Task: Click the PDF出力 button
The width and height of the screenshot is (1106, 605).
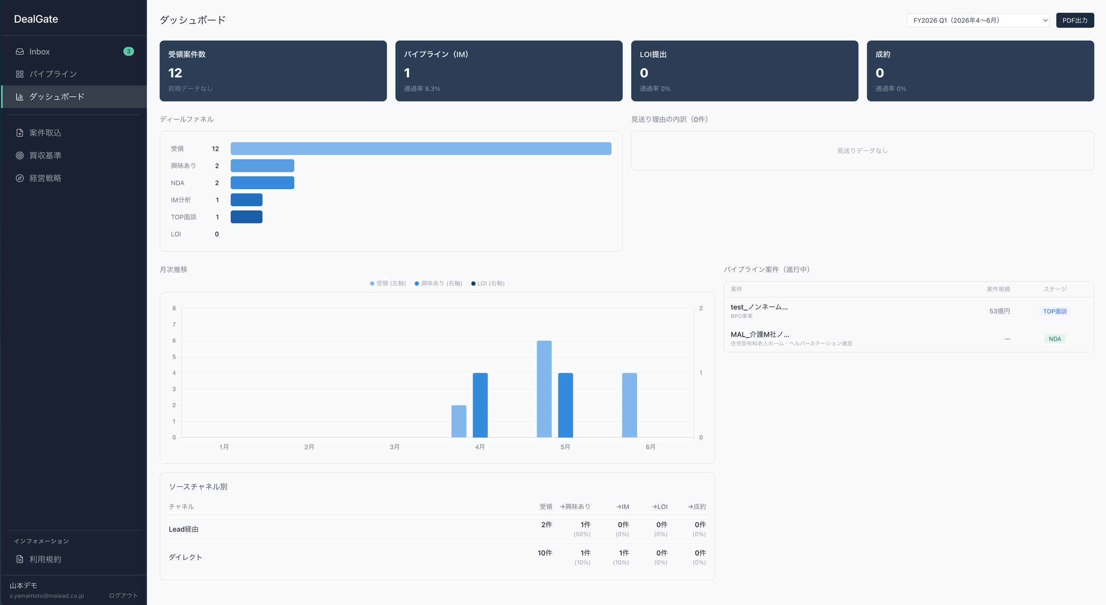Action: pyautogui.click(x=1075, y=20)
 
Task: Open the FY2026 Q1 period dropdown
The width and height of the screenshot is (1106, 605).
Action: pyautogui.click(x=978, y=20)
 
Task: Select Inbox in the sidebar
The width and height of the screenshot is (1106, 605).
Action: pyautogui.click(x=39, y=51)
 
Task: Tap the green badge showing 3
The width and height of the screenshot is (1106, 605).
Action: pyautogui.click(x=128, y=51)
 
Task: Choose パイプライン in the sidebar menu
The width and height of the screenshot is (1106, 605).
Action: pyautogui.click(x=53, y=74)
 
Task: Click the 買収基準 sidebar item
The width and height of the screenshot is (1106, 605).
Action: pyautogui.click(x=45, y=156)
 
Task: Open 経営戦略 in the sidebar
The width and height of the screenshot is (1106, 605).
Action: pyautogui.click(x=45, y=178)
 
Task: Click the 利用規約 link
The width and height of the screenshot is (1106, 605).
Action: pyautogui.click(x=45, y=559)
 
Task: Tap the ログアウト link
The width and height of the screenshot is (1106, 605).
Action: pyautogui.click(x=123, y=595)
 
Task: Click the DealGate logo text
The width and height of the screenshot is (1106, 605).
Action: pyautogui.click(x=36, y=19)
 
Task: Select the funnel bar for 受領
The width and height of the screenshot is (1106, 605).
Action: pyautogui.click(x=421, y=148)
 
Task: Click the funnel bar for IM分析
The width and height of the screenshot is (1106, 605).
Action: pyautogui.click(x=246, y=200)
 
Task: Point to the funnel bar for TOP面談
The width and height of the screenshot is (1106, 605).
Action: pyautogui.click(x=246, y=217)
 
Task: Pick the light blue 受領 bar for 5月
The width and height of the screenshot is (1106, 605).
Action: pyautogui.click(x=544, y=389)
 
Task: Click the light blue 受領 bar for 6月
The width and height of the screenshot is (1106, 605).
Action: pyautogui.click(x=629, y=405)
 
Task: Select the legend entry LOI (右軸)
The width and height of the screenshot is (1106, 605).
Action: pyautogui.click(x=488, y=283)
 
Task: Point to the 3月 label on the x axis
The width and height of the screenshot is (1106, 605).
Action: pyautogui.click(x=394, y=447)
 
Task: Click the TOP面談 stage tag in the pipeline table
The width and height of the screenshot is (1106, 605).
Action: pyautogui.click(x=1055, y=311)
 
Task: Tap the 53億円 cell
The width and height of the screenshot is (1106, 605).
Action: pyautogui.click(x=999, y=311)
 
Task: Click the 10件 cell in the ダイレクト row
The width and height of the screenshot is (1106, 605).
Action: pyautogui.click(x=545, y=553)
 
